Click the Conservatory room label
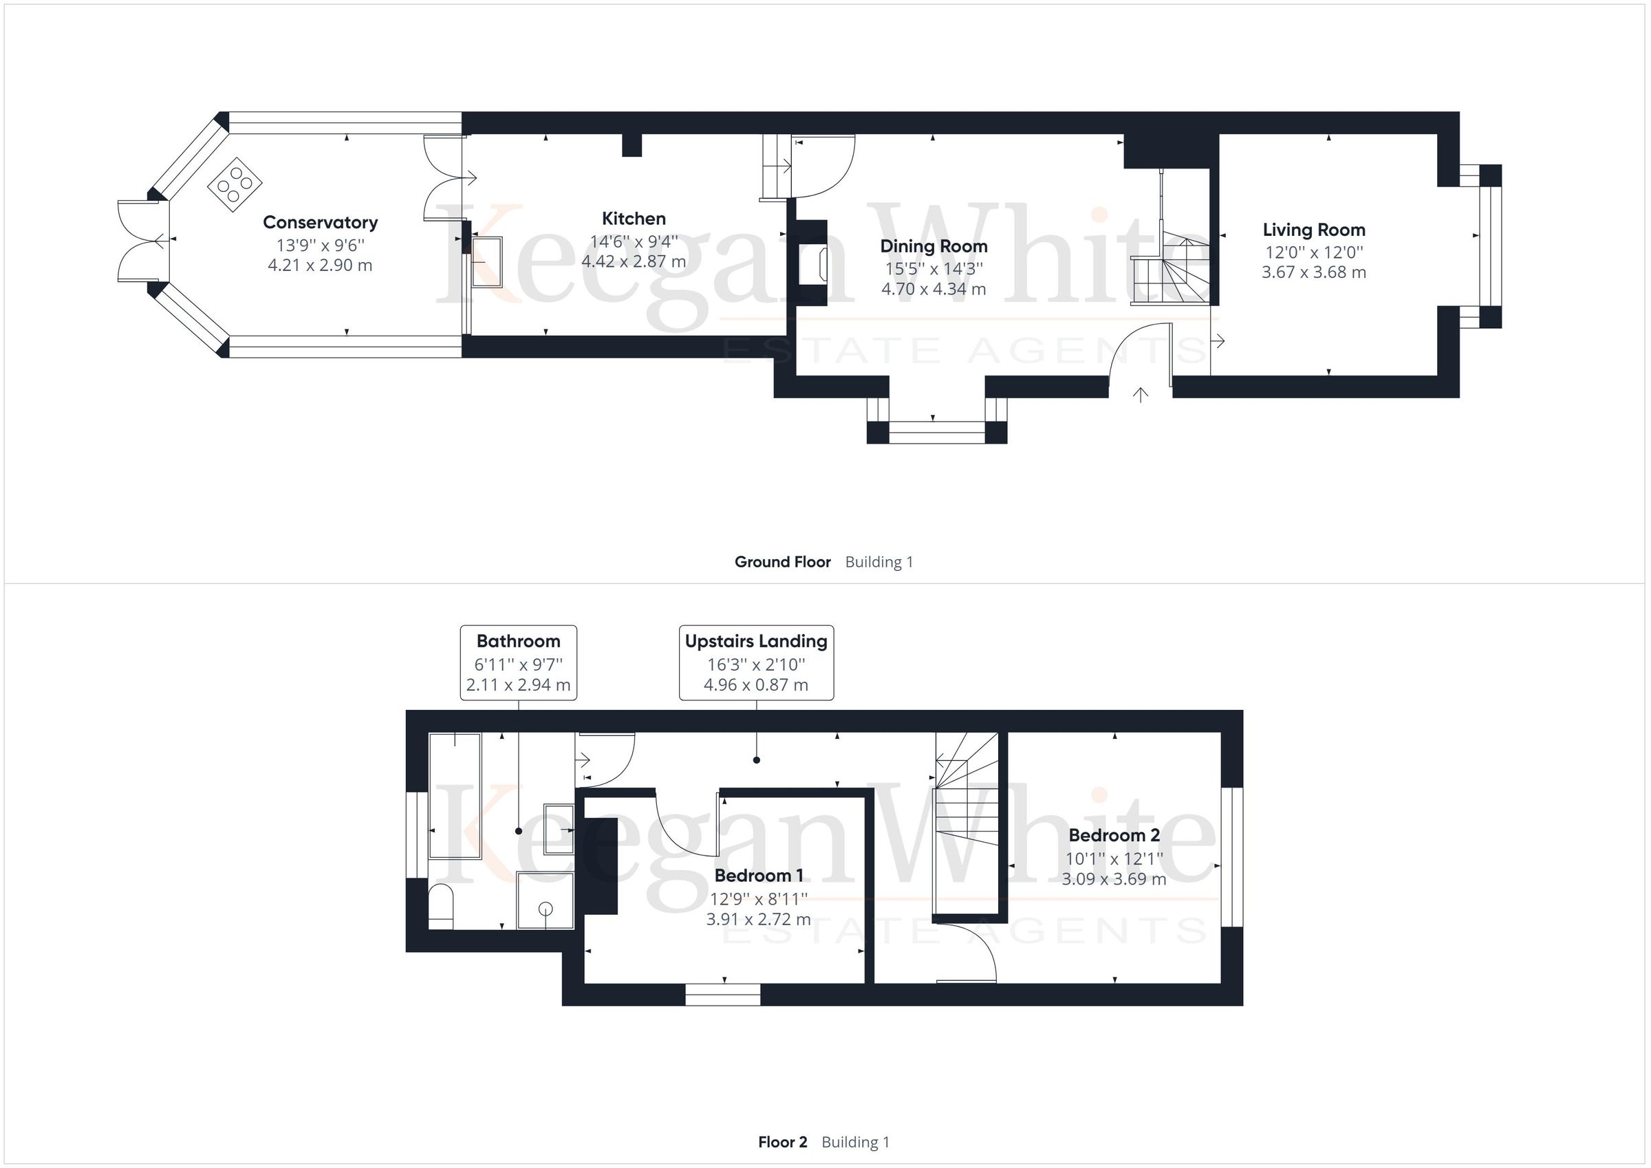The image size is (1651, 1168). [x=320, y=222]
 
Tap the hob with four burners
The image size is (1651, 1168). [x=235, y=184]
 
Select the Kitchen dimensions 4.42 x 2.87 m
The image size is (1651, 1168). [x=633, y=262]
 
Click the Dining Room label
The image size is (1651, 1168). [x=934, y=246]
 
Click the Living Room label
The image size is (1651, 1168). [x=1313, y=230]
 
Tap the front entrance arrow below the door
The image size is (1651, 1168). [x=1141, y=394]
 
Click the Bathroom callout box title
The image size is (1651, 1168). [x=518, y=641]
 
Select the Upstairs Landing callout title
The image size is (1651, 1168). [x=756, y=641]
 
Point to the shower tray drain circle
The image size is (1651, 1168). [x=546, y=909]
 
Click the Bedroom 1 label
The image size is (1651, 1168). [x=758, y=875]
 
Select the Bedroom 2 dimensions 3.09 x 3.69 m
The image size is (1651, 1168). [x=1113, y=879]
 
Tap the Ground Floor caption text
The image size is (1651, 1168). [x=782, y=562]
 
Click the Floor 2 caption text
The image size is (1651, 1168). [x=782, y=1142]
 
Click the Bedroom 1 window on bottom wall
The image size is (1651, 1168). [x=723, y=995]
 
